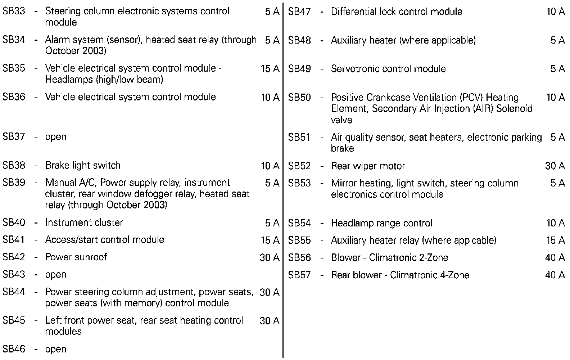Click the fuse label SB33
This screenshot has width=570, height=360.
point(14,11)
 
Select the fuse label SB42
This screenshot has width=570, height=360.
point(14,257)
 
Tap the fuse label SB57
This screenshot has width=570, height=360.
point(299,275)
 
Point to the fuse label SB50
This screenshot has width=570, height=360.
point(299,98)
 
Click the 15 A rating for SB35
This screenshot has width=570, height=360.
point(270,68)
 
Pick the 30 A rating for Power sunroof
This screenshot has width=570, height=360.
point(270,257)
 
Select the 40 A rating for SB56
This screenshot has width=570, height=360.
point(555,258)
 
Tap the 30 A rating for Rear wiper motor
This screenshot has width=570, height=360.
point(555,166)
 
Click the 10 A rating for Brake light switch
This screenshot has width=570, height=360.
point(270,166)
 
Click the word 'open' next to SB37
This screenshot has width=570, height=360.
point(56,137)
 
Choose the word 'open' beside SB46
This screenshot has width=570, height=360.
point(56,349)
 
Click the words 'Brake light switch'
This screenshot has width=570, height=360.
point(83,166)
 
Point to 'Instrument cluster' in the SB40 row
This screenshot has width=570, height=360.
point(84,222)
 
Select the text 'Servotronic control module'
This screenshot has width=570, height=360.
point(388,69)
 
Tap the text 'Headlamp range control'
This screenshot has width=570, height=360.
point(381,223)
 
